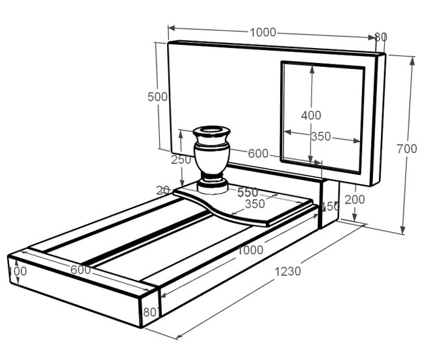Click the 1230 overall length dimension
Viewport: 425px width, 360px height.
287,271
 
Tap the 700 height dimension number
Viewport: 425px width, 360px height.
407,149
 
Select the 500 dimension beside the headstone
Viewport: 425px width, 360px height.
158,97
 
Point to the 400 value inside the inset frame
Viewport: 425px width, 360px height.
311,116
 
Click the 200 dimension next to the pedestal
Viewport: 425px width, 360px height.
354,199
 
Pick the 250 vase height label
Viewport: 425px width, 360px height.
181,159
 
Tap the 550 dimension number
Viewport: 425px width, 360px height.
248,192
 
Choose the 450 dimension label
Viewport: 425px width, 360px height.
331,207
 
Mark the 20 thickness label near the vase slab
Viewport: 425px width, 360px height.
163,190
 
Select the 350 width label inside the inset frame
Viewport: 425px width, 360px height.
320,136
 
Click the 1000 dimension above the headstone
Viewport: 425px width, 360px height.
263,32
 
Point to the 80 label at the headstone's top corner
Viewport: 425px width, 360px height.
381,37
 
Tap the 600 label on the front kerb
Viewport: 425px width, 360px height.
81,270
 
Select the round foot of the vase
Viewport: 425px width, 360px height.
212,186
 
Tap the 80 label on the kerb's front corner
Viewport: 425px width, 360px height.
149,313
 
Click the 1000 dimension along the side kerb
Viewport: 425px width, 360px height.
250,250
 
